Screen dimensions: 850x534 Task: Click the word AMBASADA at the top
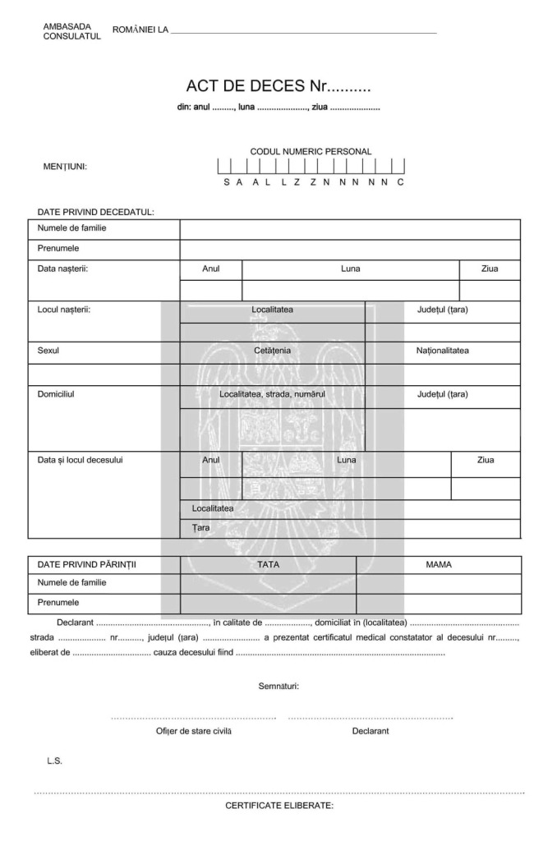67,26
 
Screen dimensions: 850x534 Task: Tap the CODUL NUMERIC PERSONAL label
311,151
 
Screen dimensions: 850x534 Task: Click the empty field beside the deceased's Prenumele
349,248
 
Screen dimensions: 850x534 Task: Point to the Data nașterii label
62,269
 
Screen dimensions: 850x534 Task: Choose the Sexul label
48,351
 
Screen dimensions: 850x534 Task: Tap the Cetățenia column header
272,351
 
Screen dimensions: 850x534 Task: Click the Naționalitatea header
442,351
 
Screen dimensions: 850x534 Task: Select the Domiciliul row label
57,393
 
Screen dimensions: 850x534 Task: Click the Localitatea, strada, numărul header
272,393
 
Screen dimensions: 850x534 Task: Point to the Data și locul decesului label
80,460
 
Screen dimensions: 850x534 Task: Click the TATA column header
268,564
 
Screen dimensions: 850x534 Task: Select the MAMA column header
439,564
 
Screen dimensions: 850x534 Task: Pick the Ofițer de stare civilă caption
193,731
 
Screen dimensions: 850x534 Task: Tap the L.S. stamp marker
54,761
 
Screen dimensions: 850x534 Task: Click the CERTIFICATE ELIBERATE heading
279,806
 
